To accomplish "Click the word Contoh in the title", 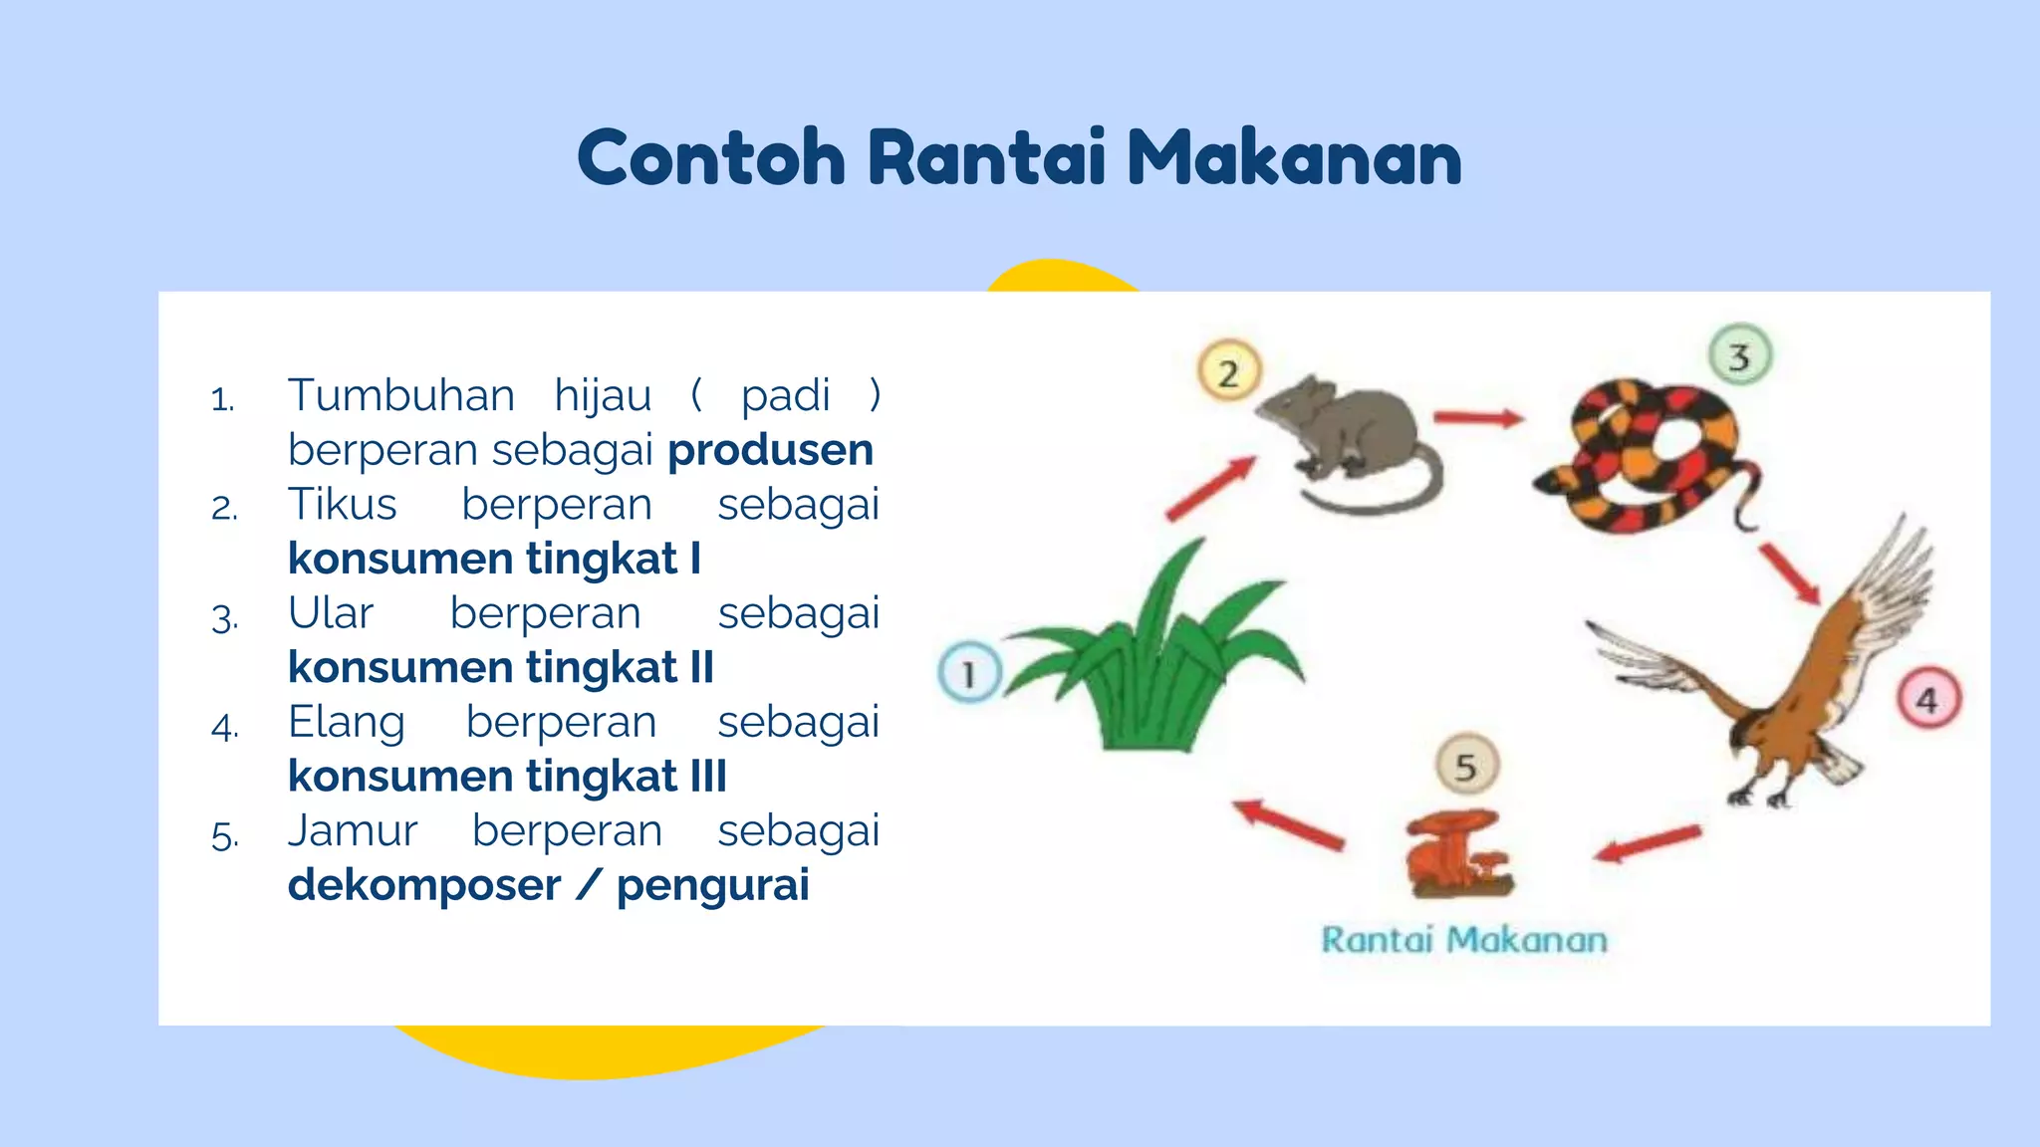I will coord(711,159).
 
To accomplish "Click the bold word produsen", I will coord(770,450).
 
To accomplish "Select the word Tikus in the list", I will coord(342,504).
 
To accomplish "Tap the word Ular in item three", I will coord(330,613).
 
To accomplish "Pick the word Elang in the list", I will coord(346,722).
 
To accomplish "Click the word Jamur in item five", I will coord(352,831).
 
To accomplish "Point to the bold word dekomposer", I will coord(423,885).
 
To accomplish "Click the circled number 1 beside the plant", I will coord(969,674).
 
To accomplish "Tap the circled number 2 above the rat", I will coord(1228,372).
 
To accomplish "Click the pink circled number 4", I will coord(1927,700).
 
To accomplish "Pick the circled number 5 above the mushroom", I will coord(1466,766).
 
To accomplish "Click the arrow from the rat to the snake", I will coord(1478,418).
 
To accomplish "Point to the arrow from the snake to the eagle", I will coord(1789,573).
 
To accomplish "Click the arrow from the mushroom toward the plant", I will coord(1288,824).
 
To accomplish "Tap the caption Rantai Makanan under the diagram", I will coord(1463,940).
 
